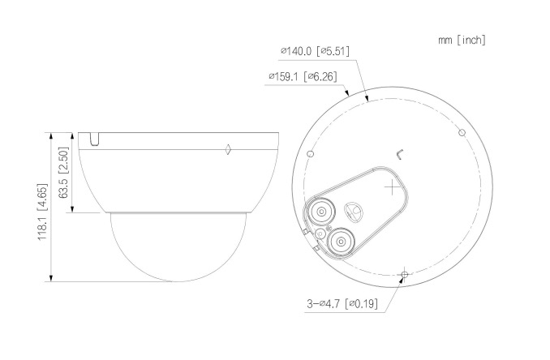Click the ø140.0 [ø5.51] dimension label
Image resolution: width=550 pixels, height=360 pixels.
click(315, 51)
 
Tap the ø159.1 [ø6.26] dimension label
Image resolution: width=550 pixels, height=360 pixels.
click(303, 76)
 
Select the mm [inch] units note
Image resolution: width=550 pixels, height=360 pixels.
click(462, 40)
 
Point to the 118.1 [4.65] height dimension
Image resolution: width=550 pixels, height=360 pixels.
click(42, 212)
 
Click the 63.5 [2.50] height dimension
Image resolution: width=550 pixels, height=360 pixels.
click(63, 173)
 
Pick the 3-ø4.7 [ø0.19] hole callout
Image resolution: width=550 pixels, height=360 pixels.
click(342, 303)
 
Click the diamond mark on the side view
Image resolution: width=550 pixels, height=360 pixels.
click(228, 149)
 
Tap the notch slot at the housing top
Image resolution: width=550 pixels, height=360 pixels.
click(94, 139)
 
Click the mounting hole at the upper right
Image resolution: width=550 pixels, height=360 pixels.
click(462, 132)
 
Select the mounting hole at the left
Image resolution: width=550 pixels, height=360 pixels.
click(310, 153)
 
